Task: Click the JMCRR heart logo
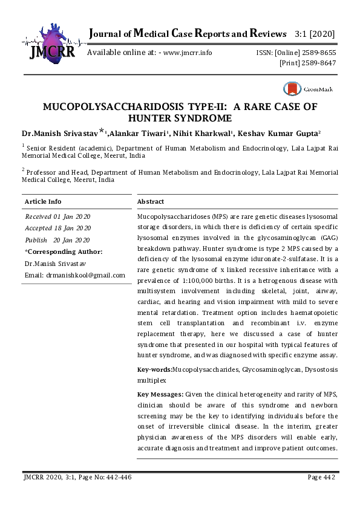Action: tap(51, 41)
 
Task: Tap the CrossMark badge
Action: tap(309, 89)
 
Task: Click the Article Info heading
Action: tap(42, 201)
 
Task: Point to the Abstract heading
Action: tap(151, 201)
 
